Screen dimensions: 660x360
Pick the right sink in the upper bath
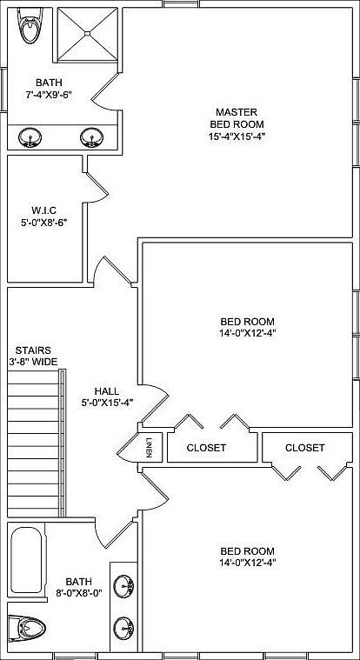90,137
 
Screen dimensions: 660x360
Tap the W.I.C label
43,209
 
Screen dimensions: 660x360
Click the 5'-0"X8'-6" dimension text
43,222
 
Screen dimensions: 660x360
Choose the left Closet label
207,448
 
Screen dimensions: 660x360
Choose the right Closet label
304,448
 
